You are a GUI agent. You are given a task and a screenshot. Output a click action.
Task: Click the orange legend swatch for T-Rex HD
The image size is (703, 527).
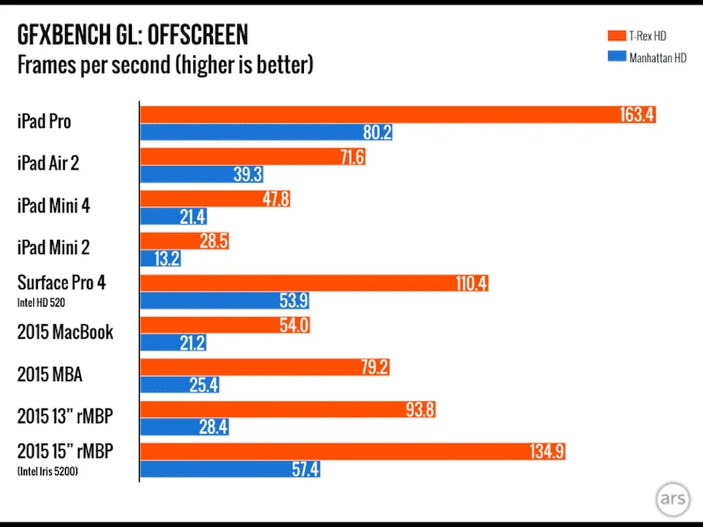(615, 36)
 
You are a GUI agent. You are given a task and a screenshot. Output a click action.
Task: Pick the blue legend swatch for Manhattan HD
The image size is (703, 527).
(615, 58)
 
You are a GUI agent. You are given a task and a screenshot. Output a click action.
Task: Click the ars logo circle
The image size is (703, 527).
(671, 499)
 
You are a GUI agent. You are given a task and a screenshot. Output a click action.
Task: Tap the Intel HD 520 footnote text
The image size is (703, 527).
(42, 301)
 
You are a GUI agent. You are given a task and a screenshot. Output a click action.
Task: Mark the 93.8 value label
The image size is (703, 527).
(419, 410)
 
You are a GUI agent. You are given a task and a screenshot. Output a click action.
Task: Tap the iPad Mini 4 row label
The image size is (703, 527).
(54, 206)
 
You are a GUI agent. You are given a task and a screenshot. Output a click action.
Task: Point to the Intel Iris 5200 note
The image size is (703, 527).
(47, 471)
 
